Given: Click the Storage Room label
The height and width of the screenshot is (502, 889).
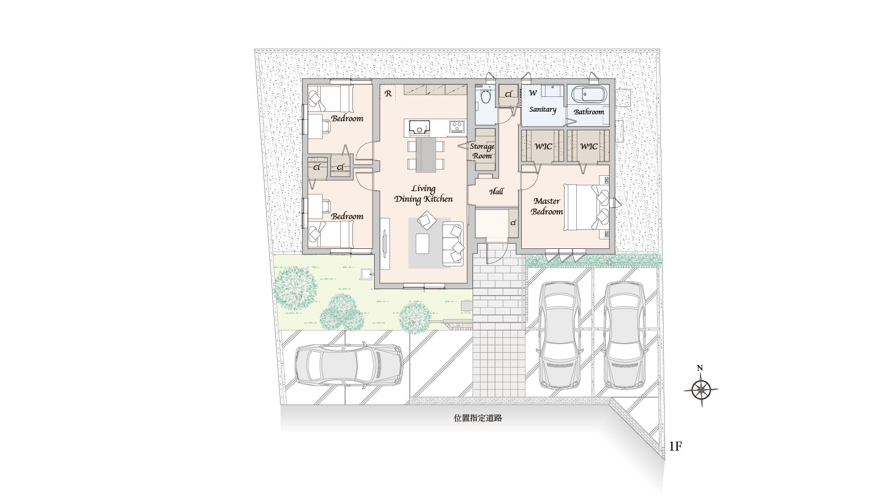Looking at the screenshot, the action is click(x=482, y=151).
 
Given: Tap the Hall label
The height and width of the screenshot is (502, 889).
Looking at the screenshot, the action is click(x=496, y=192).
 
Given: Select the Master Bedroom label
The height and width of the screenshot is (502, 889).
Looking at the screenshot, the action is click(x=547, y=206).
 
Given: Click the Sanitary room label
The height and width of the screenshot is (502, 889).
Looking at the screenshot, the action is click(x=542, y=110).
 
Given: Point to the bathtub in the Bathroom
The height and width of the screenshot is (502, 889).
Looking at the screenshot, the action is click(x=589, y=95).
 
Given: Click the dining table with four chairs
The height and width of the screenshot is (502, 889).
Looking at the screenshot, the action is click(x=425, y=155).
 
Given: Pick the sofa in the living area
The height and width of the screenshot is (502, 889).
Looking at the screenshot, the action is click(x=453, y=244).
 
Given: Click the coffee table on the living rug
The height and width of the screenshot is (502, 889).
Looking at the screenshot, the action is click(x=422, y=244).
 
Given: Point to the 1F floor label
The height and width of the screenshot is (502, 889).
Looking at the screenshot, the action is click(x=675, y=446).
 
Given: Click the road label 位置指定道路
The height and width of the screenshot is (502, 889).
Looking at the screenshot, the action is click(x=478, y=418).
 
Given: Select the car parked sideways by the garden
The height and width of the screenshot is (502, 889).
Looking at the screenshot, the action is click(x=349, y=365).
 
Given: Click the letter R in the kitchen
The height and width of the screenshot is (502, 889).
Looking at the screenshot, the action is click(x=388, y=94).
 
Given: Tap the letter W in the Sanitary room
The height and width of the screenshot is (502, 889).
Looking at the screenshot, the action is click(x=532, y=93).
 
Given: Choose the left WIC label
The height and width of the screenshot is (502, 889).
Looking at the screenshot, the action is click(x=543, y=147).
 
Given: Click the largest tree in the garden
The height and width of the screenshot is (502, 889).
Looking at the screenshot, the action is click(x=295, y=288).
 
